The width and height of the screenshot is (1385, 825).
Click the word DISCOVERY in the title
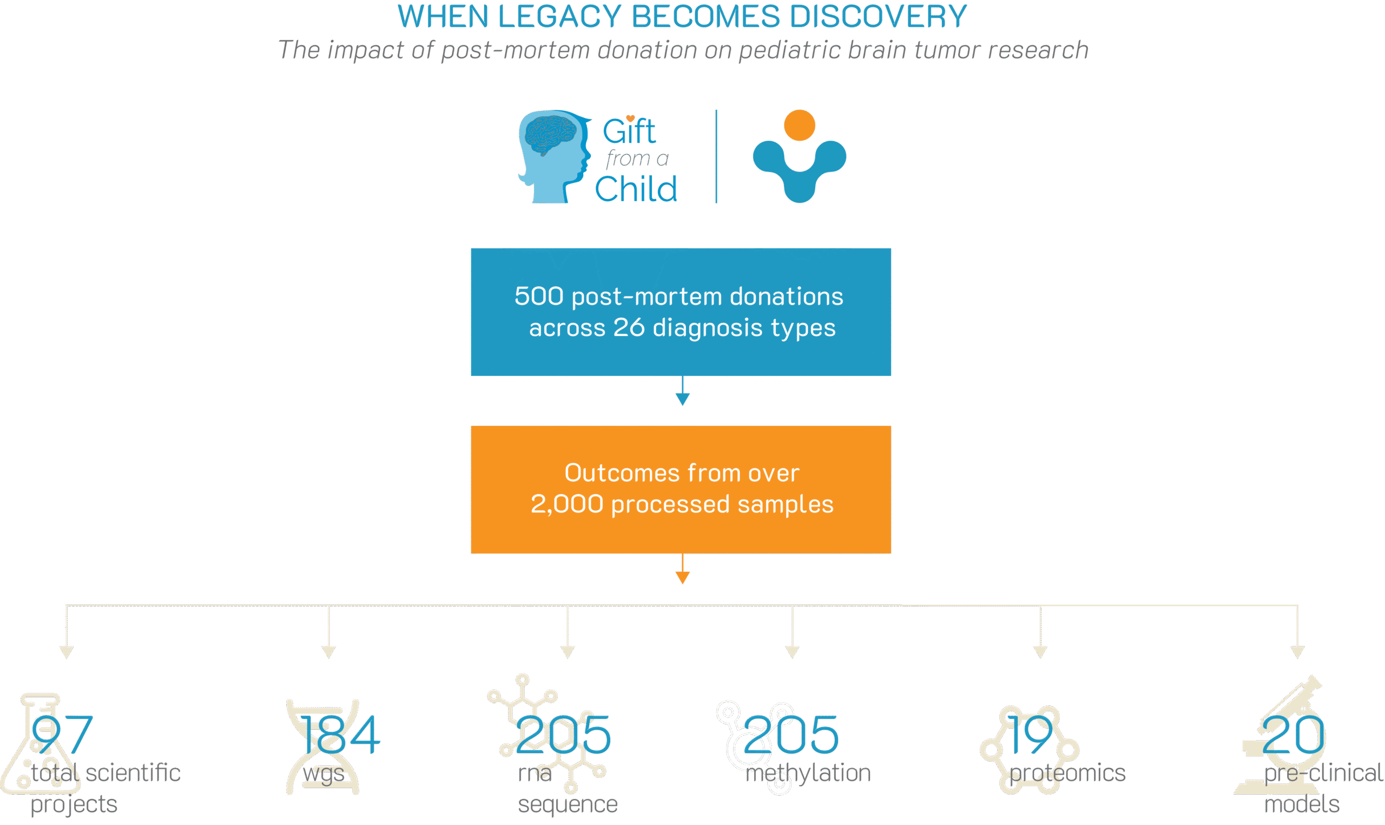coord(878,17)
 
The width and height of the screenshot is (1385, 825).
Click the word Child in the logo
coord(636,189)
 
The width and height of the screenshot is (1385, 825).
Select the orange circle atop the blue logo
coord(799,125)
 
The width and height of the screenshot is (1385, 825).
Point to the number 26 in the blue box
coord(629,327)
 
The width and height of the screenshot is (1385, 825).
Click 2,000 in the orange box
coord(567,504)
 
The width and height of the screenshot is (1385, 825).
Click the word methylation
coord(808,773)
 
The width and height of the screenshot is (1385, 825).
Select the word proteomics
coord(1067,773)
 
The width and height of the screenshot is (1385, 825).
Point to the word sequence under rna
coord(568,804)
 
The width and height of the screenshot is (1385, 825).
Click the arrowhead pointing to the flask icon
coord(67,652)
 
